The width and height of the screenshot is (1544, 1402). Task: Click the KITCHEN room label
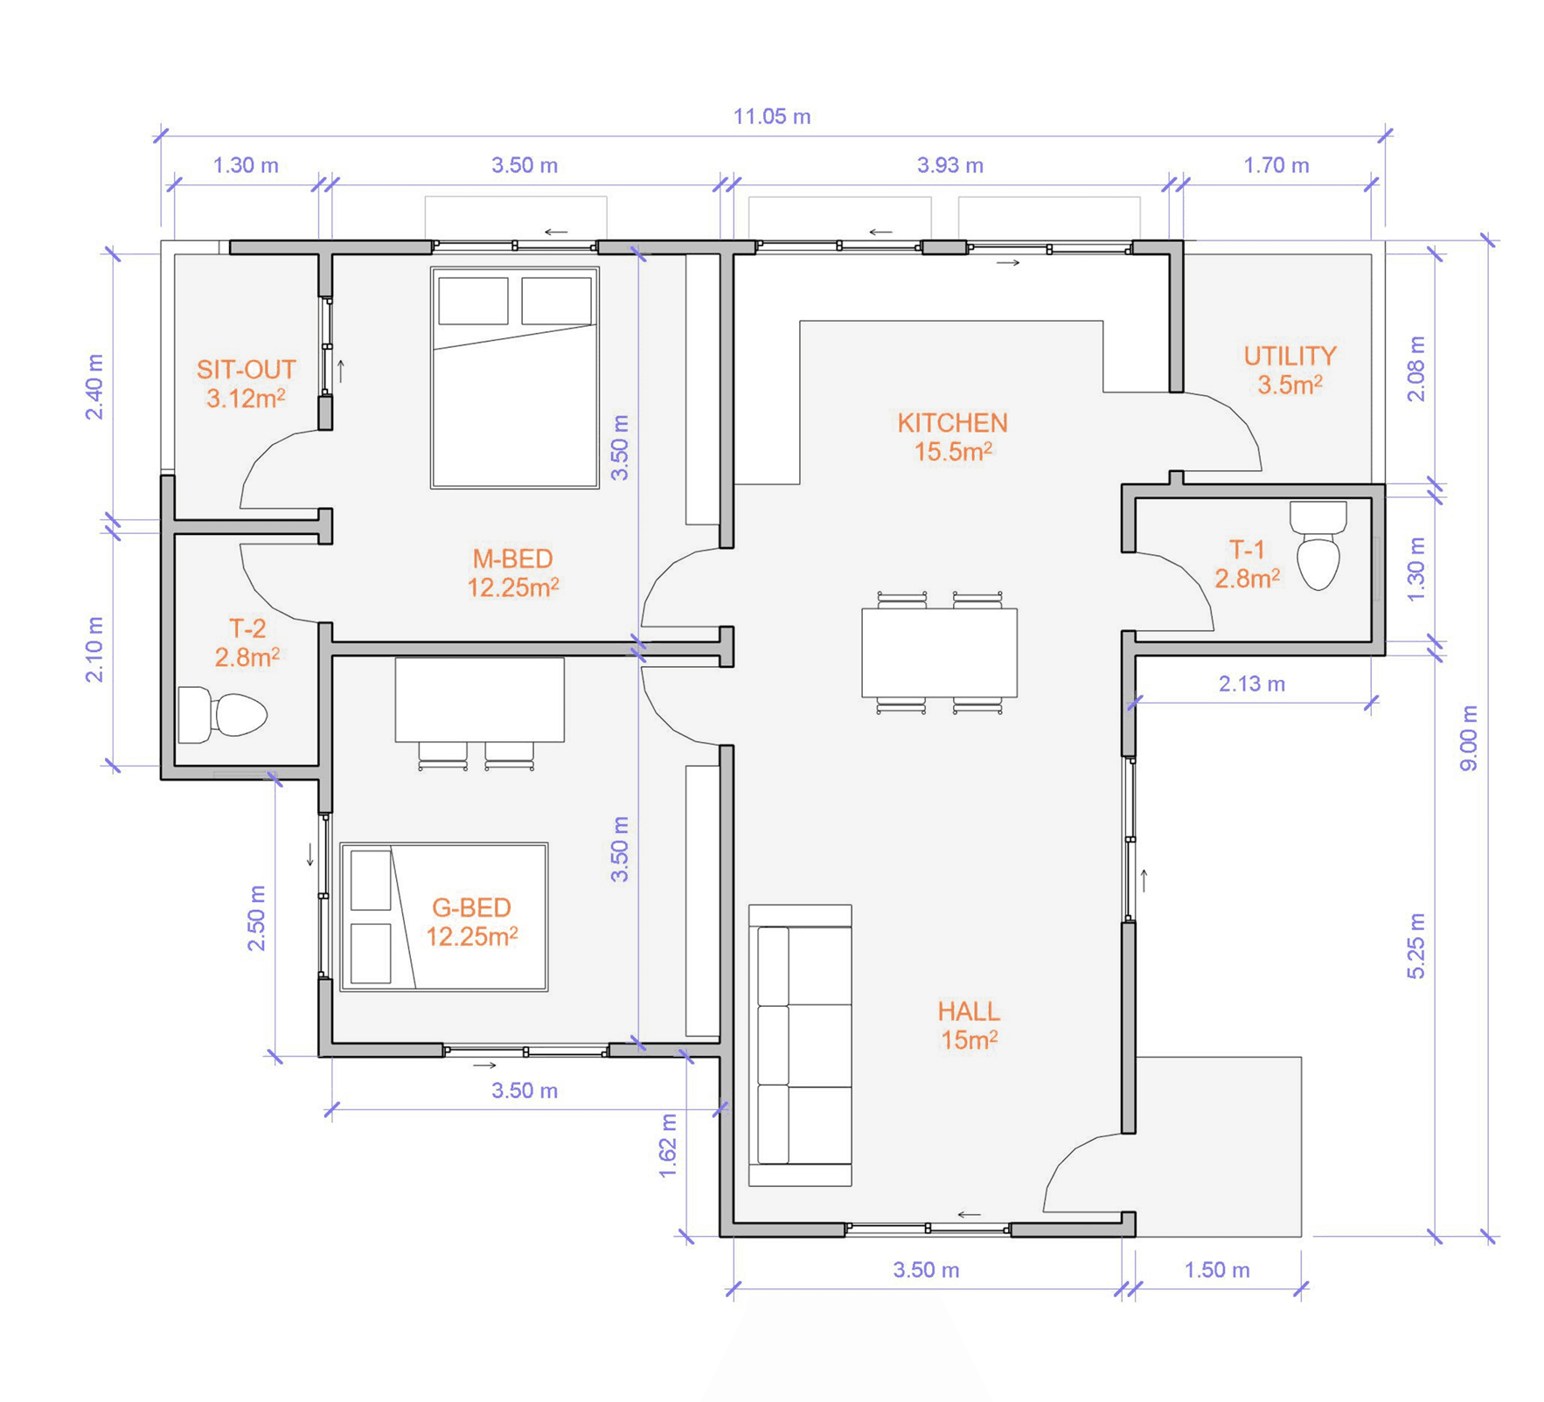click(952, 423)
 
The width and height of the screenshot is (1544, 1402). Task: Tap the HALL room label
click(969, 1011)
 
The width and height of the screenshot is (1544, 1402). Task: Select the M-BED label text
click(512, 559)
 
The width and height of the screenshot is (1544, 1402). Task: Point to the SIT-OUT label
click(246, 370)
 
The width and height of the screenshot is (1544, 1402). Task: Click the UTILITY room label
click(1290, 356)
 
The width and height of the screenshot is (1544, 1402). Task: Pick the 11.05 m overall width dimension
click(772, 116)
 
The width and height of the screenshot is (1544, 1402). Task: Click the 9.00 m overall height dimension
click(1469, 739)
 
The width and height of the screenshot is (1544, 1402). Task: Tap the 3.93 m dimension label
click(949, 165)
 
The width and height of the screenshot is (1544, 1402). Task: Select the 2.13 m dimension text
click(1252, 684)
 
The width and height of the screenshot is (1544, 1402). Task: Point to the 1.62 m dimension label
click(667, 1146)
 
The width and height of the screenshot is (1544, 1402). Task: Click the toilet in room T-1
click(1318, 545)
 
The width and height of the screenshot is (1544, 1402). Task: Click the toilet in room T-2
click(222, 715)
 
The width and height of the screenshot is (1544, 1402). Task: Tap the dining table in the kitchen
click(939, 652)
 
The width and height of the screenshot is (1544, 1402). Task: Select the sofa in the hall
click(800, 1045)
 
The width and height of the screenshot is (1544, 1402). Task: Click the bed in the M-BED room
click(515, 378)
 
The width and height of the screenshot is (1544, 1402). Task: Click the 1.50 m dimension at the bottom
click(1217, 1270)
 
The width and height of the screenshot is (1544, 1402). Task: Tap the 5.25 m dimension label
click(1416, 946)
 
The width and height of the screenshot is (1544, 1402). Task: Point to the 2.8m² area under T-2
click(247, 657)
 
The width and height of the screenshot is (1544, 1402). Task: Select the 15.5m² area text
click(953, 452)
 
